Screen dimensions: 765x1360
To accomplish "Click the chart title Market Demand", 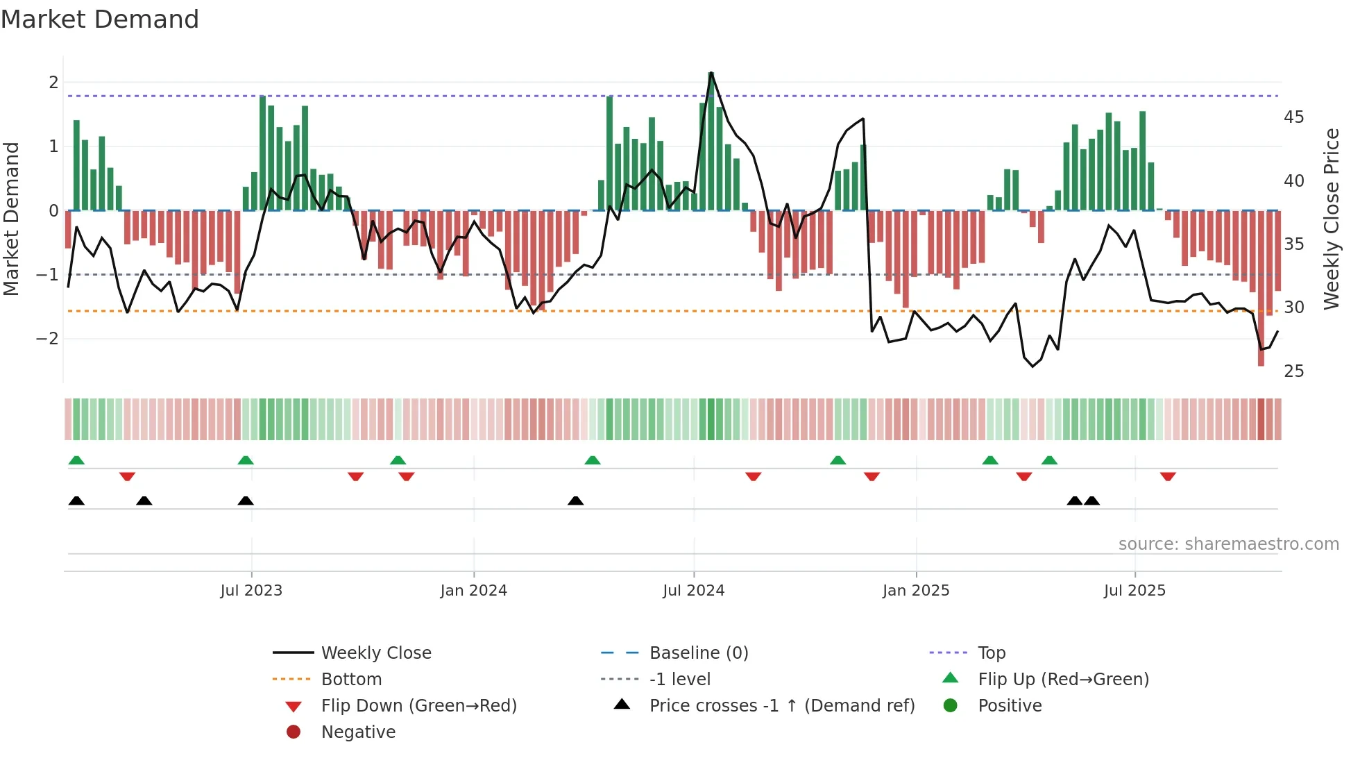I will (x=100, y=19).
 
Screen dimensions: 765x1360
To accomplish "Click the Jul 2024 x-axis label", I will (x=693, y=591).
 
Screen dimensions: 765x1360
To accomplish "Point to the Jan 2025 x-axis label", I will (x=915, y=591).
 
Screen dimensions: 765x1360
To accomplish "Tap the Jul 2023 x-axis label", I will (x=251, y=591).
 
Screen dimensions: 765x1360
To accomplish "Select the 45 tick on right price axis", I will (x=1293, y=117).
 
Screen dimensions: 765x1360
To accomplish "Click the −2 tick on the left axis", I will (x=47, y=339).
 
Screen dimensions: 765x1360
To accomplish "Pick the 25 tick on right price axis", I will (x=1293, y=371).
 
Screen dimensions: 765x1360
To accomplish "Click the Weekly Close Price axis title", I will (x=1331, y=219).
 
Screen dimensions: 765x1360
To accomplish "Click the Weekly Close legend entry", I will (x=375, y=653).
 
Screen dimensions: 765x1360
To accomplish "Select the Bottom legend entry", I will (x=351, y=680).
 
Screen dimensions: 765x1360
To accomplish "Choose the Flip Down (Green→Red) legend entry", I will (x=418, y=706).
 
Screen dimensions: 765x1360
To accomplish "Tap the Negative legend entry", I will (x=358, y=732).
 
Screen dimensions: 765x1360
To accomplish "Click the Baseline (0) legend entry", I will (x=698, y=653).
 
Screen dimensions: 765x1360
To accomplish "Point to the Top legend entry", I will (x=991, y=653).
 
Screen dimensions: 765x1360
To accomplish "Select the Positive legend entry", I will (x=1010, y=706).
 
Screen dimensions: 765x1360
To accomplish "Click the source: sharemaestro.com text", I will (x=1228, y=544).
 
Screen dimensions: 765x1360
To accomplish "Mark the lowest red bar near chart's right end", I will (x=1261, y=292).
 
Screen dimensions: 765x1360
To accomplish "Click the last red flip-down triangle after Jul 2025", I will (x=1168, y=476).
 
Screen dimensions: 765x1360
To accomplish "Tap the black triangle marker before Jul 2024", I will (x=575, y=501).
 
